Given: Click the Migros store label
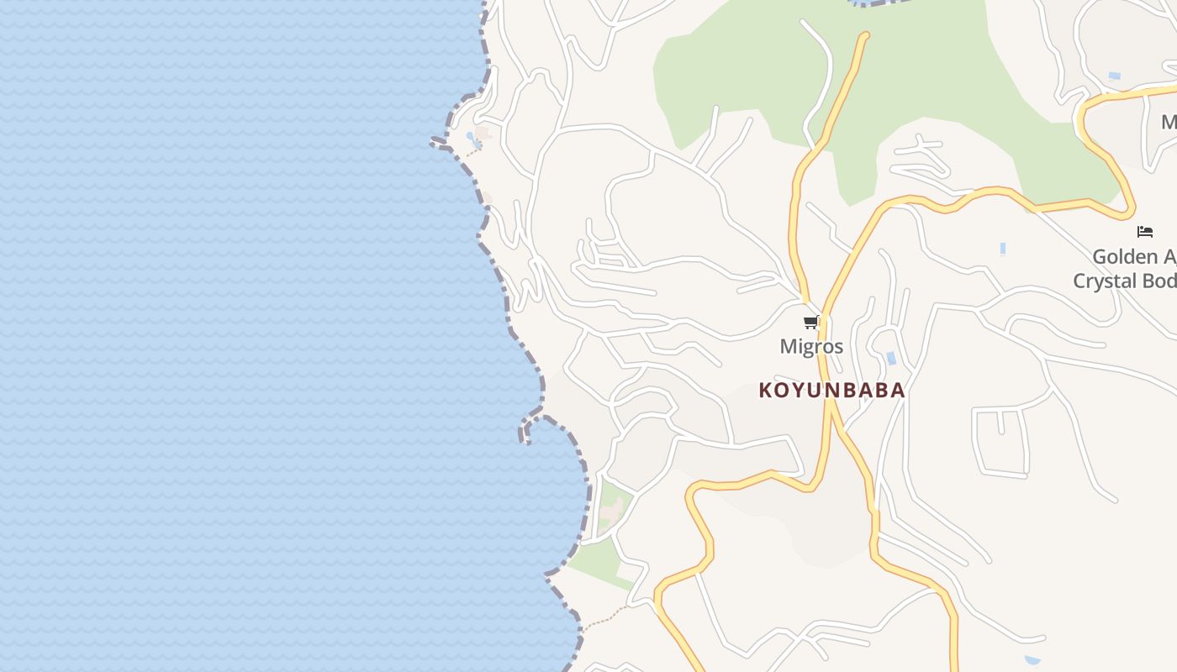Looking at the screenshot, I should [x=811, y=346].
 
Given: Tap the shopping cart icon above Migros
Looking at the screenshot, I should [x=810, y=323].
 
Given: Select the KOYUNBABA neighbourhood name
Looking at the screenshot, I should [x=831, y=391].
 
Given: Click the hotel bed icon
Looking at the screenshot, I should [x=1144, y=232].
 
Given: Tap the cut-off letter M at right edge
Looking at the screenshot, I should [x=1169, y=123].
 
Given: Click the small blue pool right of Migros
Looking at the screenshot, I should [x=891, y=359].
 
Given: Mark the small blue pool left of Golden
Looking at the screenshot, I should [x=1003, y=249].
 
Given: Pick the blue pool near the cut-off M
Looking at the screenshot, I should [x=1114, y=76].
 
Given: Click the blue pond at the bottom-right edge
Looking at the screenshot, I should [x=1032, y=660].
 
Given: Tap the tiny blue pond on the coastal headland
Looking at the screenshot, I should [x=472, y=139].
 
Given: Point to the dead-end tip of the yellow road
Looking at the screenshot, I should [x=864, y=35].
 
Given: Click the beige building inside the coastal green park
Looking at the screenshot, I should [x=613, y=509].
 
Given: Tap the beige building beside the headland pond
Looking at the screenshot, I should [x=483, y=133].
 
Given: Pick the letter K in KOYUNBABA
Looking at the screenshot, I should [x=766, y=391].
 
